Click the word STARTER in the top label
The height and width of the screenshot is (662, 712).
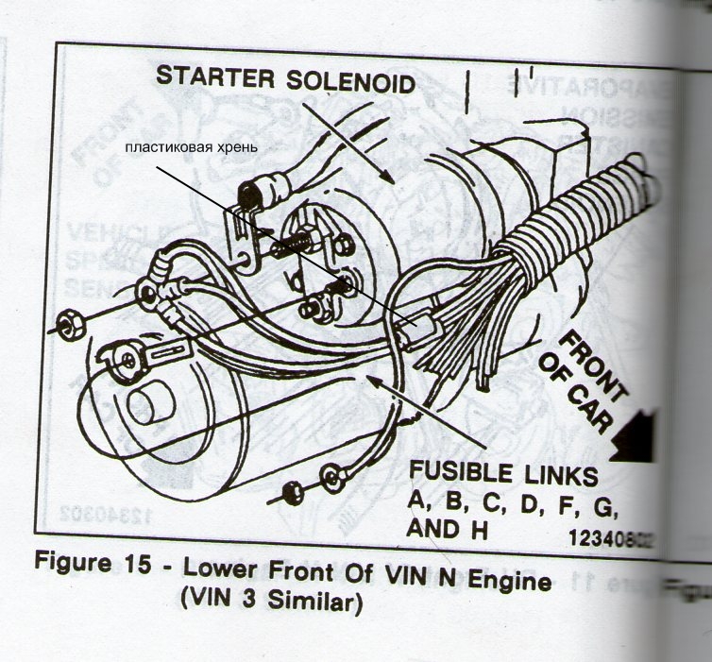point(211,79)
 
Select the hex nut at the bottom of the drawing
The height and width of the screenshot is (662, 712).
point(293,492)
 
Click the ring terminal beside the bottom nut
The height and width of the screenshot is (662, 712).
point(331,474)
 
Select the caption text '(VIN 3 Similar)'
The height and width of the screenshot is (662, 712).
point(270,603)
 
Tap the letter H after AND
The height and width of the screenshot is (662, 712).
point(479,529)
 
